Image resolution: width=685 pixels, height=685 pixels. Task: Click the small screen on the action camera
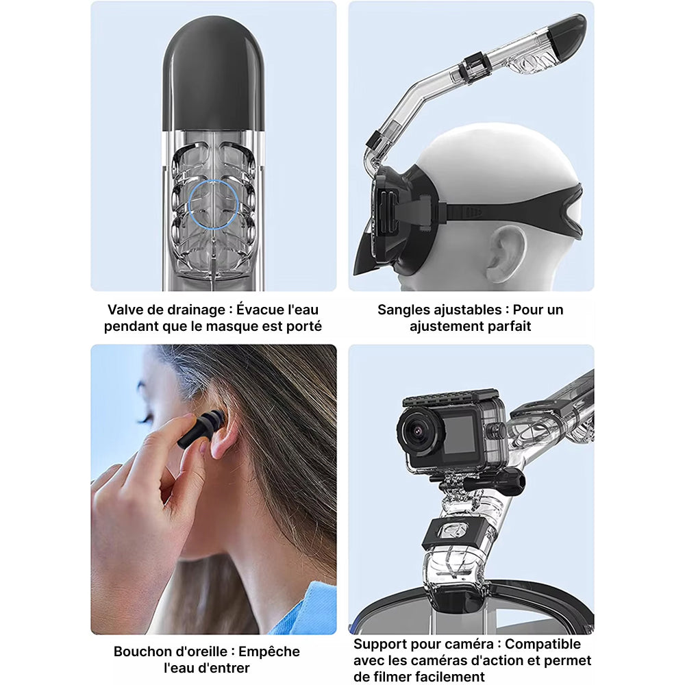[460, 434]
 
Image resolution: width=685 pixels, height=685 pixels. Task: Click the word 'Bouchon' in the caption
[141, 651]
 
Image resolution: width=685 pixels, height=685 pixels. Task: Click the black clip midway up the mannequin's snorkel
[473, 68]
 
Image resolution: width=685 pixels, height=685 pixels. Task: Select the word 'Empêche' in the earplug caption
[269, 651]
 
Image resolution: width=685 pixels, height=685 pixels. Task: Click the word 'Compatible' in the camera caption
[543, 645]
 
